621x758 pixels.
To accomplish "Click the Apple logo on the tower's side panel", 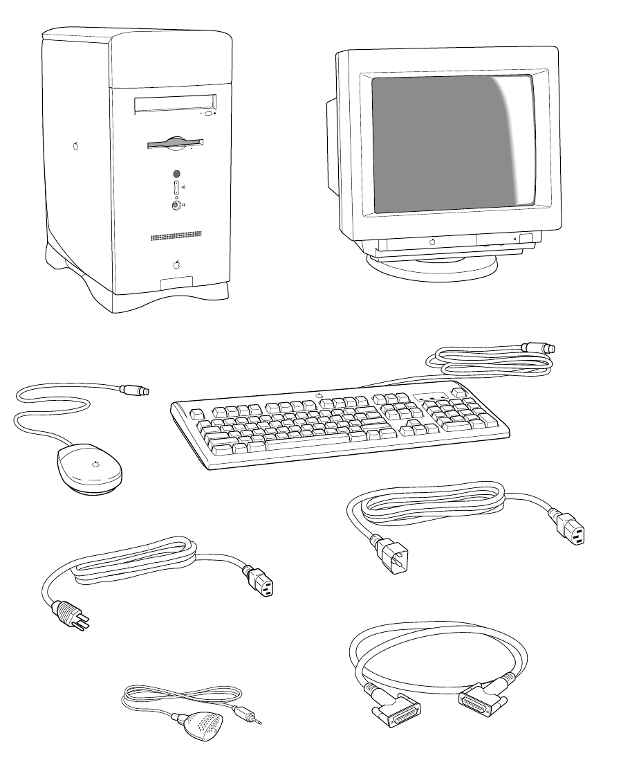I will click(x=75, y=147).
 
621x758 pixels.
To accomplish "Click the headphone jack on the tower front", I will click(x=176, y=205).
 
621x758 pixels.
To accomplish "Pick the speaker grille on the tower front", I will click(x=176, y=237).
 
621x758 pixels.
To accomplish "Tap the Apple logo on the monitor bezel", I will click(x=432, y=242).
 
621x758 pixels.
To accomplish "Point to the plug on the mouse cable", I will click(x=136, y=391).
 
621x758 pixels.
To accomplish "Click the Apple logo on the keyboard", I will click(x=320, y=396).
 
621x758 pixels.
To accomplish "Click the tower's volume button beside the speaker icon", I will click(x=176, y=187).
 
